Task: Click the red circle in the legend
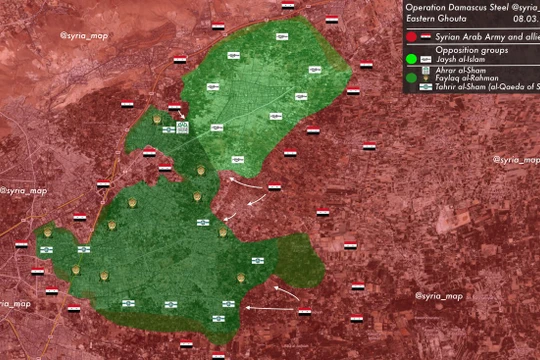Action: click(x=411, y=36)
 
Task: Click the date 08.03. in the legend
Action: click(x=526, y=19)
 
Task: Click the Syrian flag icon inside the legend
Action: click(x=426, y=36)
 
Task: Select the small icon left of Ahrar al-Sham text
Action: click(x=426, y=69)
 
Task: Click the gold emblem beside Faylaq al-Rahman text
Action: click(x=426, y=78)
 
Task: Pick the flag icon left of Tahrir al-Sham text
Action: click(x=426, y=88)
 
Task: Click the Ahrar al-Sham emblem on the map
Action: click(x=182, y=128)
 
